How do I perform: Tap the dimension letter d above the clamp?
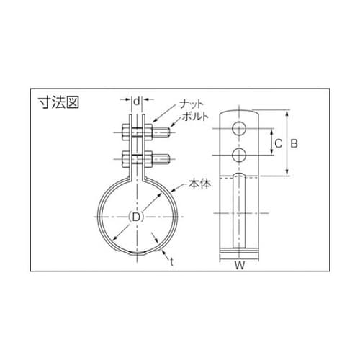[137, 101]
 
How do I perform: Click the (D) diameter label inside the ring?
[134, 217]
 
